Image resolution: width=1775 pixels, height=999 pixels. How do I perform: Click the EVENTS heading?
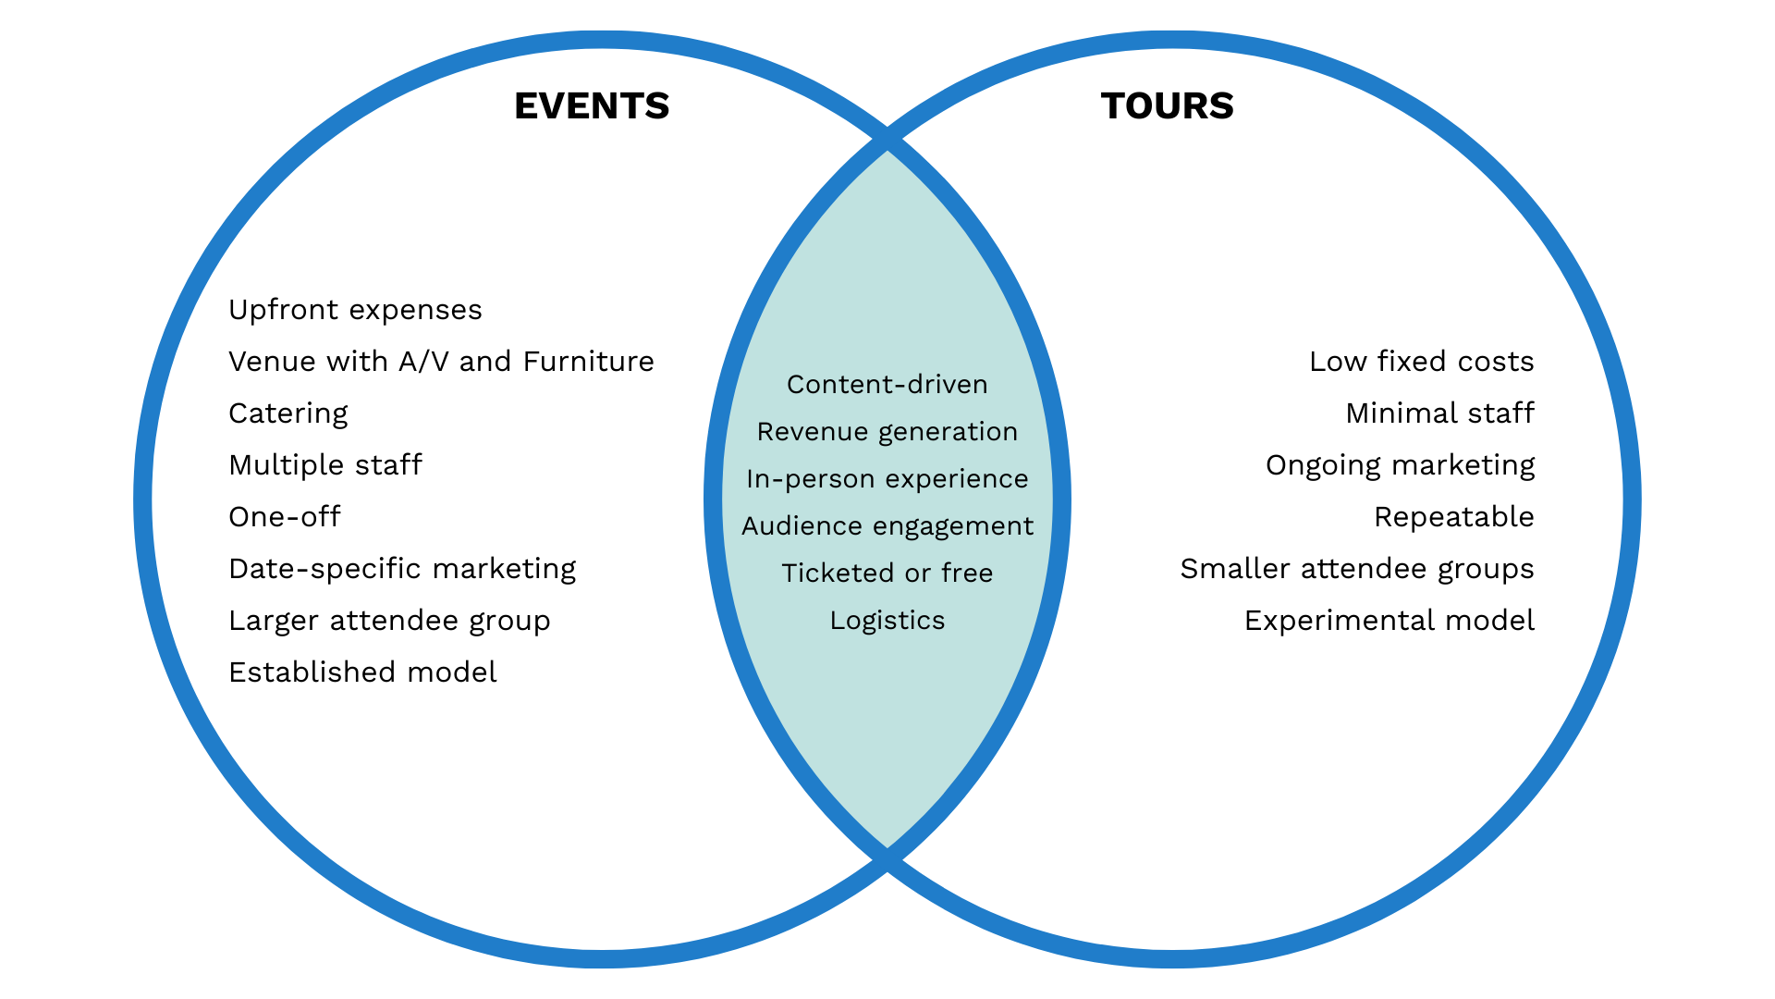(x=592, y=106)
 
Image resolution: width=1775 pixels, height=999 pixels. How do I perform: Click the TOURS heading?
(x=1167, y=106)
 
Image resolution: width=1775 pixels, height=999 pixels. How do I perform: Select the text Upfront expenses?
(x=355, y=310)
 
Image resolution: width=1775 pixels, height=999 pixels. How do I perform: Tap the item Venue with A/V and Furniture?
(x=441, y=362)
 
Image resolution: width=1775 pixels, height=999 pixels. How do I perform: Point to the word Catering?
(x=288, y=413)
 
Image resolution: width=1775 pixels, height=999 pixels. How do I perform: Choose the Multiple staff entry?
(x=325, y=465)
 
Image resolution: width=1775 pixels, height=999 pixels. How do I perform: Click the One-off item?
(x=285, y=517)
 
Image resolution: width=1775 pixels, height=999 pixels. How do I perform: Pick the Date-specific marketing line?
(x=402, y=569)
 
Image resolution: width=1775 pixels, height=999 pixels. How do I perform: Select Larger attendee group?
(x=389, y=621)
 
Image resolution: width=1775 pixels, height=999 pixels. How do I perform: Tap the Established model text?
(x=362, y=672)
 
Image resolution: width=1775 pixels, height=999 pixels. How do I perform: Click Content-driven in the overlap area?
(x=887, y=385)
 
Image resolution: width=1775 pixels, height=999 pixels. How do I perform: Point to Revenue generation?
(x=887, y=432)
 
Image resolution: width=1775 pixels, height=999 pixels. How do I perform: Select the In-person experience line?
(x=887, y=479)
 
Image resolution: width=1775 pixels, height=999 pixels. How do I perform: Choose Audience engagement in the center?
(x=887, y=526)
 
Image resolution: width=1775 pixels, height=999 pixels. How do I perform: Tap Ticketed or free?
(x=887, y=573)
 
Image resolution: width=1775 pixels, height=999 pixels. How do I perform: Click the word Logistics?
(x=887, y=621)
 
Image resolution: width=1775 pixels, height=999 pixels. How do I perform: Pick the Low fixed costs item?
(x=1421, y=362)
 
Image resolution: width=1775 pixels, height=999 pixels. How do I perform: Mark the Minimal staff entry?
(x=1439, y=413)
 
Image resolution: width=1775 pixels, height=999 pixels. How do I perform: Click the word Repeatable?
(x=1453, y=517)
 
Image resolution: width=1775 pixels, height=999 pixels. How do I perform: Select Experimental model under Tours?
(x=1389, y=621)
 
